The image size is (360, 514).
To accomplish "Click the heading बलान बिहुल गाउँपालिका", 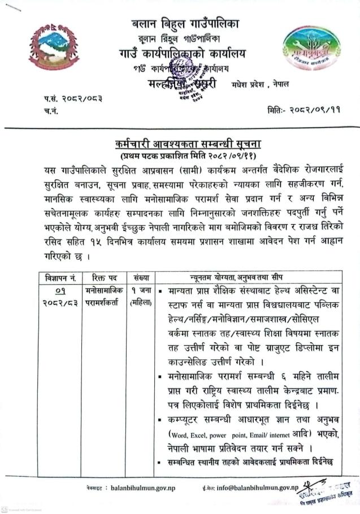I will (x=185, y=24).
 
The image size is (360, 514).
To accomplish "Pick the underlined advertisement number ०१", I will (x=61, y=291).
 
